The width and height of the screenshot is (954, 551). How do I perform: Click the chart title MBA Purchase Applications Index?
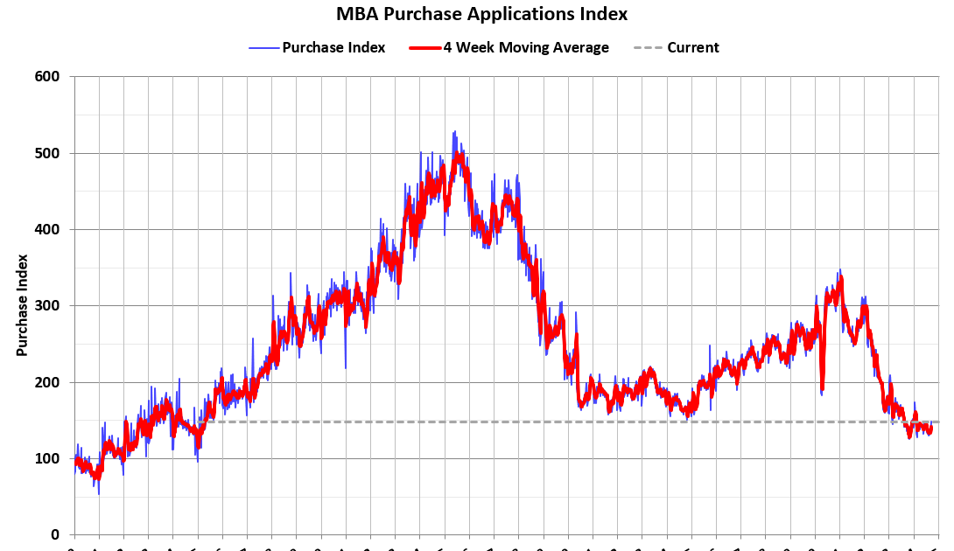[x=481, y=14]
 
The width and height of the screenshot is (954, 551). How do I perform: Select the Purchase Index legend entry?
[x=333, y=47]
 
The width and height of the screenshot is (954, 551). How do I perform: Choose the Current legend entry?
[x=692, y=47]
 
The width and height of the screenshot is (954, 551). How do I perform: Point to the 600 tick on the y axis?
[x=47, y=77]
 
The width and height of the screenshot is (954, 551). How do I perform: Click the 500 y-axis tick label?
[x=47, y=153]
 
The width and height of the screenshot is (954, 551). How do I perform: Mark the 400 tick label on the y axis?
[x=47, y=229]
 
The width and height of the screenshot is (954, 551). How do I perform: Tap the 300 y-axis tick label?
[x=47, y=306]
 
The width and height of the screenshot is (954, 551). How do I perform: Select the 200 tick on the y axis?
[x=47, y=382]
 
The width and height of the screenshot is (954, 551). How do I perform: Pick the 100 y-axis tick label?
[x=47, y=458]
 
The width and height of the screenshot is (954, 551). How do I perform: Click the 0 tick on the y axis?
[x=54, y=534]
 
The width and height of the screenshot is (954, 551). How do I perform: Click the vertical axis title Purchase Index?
[x=22, y=305]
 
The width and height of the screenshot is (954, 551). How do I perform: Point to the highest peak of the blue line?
[x=453, y=132]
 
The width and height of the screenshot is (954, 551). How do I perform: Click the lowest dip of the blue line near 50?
[x=98, y=493]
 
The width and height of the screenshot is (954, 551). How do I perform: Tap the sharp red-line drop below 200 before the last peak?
[x=822, y=390]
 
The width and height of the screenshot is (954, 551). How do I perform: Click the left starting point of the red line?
[x=76, y=461]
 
